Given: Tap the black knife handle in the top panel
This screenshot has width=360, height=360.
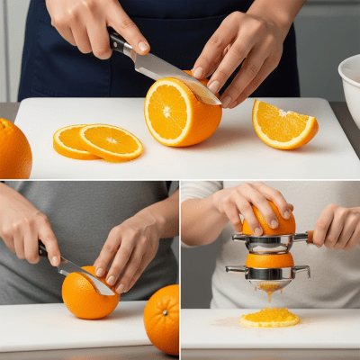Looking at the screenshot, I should point(120,42).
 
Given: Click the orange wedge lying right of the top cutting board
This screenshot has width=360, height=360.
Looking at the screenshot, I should point(283,126).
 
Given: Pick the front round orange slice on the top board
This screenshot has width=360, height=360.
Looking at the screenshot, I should point(111,141).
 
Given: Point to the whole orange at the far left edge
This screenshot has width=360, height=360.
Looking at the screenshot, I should point(13,148).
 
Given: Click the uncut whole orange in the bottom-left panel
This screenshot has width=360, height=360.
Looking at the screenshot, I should point(162,319).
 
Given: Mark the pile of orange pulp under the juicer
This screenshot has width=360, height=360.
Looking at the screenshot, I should point(269,317).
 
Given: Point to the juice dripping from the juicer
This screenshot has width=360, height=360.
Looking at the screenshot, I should point(269,293).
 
